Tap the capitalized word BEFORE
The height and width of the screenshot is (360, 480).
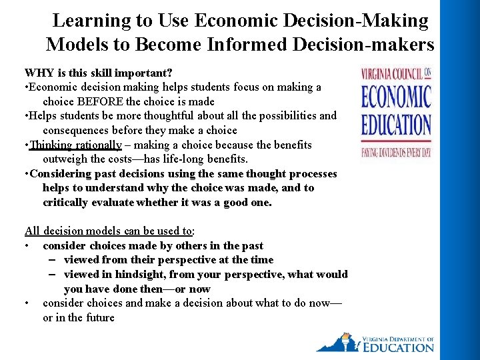pos(101,101)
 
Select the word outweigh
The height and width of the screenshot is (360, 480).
pos(66,159)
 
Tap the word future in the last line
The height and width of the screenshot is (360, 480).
pos(98,318)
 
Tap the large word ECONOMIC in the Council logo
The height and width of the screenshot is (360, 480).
pos(396,98)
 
